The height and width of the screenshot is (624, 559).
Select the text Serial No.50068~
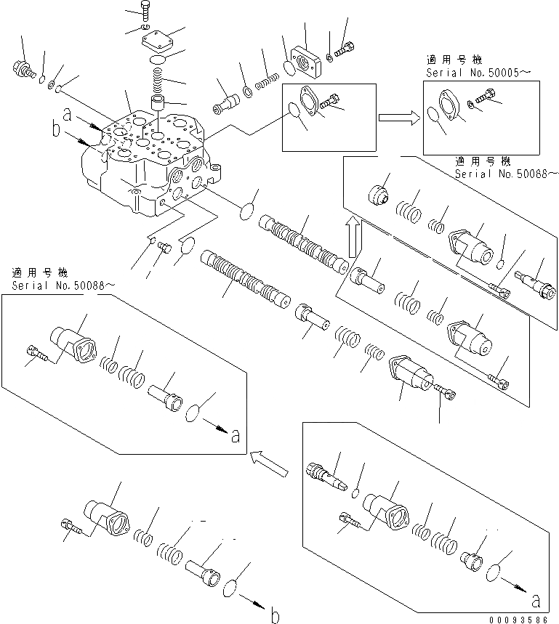pyautogui.click(x=506, y=174)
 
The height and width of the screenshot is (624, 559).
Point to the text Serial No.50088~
pyautogui.click(x=63, y=285)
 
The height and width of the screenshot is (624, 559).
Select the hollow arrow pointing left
pyautogui.click(x=268, y=462)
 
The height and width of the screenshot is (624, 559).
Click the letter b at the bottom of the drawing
pyautogui.click(x=274, y=617)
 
